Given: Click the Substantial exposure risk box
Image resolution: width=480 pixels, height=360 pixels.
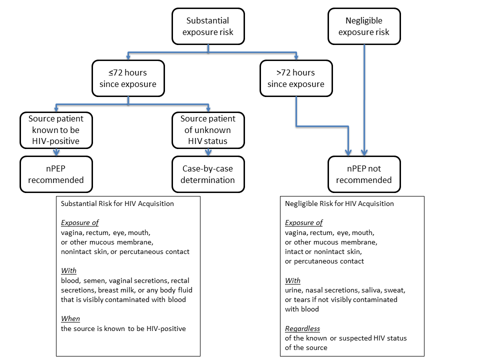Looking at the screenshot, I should pyautogui.click(x=207, y=26).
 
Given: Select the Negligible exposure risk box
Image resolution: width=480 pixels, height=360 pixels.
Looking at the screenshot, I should pyautogui.click(x=363, y=26).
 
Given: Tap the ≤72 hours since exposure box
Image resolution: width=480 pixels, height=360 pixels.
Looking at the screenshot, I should pyautogui.click(x=127, y=78).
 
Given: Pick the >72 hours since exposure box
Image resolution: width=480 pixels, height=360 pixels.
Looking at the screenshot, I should pyautogui.click(x=295, y=78).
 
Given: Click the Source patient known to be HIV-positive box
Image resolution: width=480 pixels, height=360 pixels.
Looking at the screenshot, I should pyautogui.click(x=56, y=130).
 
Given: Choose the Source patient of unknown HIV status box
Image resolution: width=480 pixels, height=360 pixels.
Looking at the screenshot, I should pyautogui.click(x=208, y=130).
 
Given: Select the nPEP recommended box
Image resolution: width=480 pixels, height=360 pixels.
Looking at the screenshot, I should pyautogui.click(x=56, y=174).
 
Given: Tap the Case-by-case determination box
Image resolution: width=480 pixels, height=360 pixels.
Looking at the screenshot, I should pyautogui.click(x=208, y=174).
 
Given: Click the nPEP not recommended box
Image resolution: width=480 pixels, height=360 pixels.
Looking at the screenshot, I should pyautogui.click(x=363, y=174).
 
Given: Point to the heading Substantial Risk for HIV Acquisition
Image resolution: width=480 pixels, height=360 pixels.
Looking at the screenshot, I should pyautogui.click(x=117, y=204).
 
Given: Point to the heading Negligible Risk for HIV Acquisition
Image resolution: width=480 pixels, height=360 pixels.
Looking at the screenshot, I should pyautogui.click(x=339, y=204).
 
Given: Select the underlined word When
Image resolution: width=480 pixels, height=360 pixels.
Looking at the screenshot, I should pyautogui.click(x=70, y=318).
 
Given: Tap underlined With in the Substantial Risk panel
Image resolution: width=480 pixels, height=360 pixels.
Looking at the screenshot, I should pyautogui.click(x=68, y=270).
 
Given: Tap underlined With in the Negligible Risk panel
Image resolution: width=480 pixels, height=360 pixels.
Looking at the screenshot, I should pyautogui.click(x=292, y=280).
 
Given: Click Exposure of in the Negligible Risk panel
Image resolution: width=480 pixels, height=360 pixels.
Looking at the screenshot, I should pyautogui.click(x=303, y=223).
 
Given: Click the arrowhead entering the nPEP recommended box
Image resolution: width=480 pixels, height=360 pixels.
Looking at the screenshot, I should pyautogui.click(x=56, y=153).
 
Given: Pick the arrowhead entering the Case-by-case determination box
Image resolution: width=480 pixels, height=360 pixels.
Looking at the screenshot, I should pyautogui.click(x=208, y=153).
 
